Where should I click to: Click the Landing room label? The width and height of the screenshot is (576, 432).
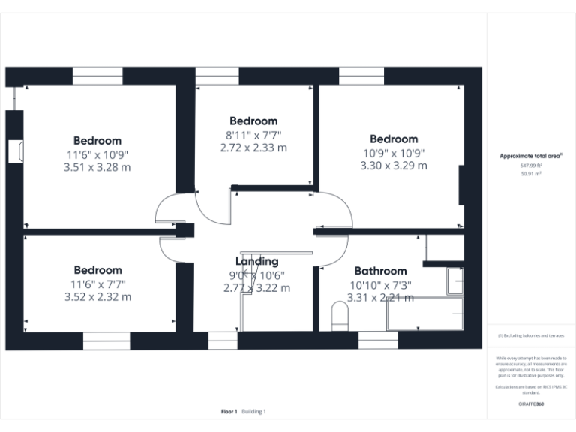click(257, 261)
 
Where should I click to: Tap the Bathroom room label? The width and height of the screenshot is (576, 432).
click(380, 271)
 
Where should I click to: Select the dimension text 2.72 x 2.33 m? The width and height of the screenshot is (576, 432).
click(253, 148)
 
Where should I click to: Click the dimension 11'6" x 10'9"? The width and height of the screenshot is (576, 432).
click(97, 154)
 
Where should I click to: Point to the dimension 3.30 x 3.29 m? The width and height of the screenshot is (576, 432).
click(394, 166)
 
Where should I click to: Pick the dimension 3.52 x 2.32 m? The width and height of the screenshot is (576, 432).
click(97, 296)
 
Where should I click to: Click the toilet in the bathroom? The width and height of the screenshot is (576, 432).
click(338, 316)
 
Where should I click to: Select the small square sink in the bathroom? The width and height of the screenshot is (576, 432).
click(454, 281)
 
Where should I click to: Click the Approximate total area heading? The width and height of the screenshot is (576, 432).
click(531, 156)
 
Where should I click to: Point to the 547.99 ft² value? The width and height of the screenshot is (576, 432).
click(531, 165)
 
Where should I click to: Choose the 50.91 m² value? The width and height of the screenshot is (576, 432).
click(531, 173)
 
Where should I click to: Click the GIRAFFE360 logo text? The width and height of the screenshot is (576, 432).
click(531, 403)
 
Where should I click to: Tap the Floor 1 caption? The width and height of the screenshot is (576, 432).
click(229, 412)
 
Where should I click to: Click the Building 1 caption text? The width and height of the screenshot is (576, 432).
click(253, 412)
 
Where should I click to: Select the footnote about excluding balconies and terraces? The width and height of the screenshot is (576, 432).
click(531, 335)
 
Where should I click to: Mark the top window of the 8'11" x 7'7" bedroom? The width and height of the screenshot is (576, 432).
click(217, 76)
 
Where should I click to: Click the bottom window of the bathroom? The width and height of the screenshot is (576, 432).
click(378, 340)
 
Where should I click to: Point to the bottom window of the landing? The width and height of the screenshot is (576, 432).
click(223, 340)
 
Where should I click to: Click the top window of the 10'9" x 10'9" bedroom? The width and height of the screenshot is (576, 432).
click(361, 76)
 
